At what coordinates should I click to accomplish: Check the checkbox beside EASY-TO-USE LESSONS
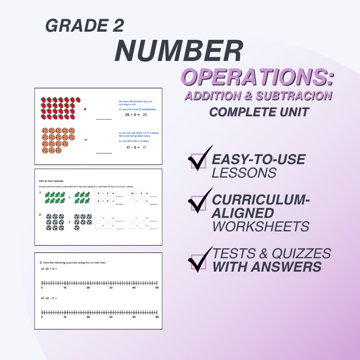pyautogui.click(x=198, y=161)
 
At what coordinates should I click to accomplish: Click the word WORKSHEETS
pyautogui.click(x=261, y=227)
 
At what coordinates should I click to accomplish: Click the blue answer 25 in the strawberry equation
pyautogui.click(x=144, y=115)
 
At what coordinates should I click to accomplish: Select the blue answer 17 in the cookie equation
pyautogui.click(x=144, y=147)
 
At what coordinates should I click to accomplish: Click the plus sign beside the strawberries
pyautogui.click(x=85, y=109)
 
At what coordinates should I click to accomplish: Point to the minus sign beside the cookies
pyautogui.click(x=85, y=140)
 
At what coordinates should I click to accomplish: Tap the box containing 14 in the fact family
pyautogui.click(x=132, y=194)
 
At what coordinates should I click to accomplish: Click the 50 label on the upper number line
pyautogui.click(x=157, y=288)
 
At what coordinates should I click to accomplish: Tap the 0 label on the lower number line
pyautogui.click(x=42, y=317)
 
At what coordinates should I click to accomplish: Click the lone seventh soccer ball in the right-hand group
pyautogui.click(x=76, y=228)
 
